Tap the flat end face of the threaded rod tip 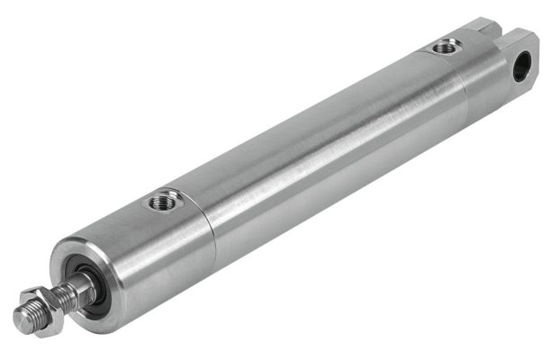21,318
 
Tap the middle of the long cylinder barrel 333,153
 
